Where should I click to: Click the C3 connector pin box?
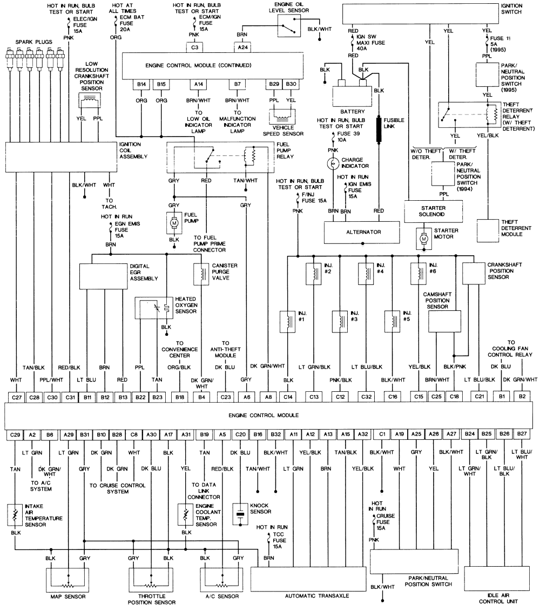click(x=194, y=47)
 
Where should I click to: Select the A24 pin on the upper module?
click(x=242, y=47)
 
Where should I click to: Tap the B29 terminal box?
click(x=274, y=84)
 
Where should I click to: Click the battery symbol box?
click(x=353, y=96)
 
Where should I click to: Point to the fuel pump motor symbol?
click(x=174, y=223)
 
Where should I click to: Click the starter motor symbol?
click(x=424, y=239)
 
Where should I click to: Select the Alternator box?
click(x=362, y=232)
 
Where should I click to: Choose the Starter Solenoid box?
click(x=433, y=212)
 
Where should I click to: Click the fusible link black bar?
click(x=379, y=130)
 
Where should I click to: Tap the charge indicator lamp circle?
click(x=333, y=164)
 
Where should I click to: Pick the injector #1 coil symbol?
click(x=288, y=322)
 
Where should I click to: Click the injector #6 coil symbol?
click(x=418, y=274)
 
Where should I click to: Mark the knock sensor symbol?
click(x=240, y=514)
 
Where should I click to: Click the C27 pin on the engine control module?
click(x=17, y=397)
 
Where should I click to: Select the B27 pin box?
click(x=522, y=434)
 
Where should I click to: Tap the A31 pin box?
click(x=186, y=434)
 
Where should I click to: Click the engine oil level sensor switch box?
click(x=289, y=26)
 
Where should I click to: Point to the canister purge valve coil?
click(x=201, y=274)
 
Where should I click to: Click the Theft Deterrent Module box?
click(x=488, y=230)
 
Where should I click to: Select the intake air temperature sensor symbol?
click(x=15, y=515)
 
